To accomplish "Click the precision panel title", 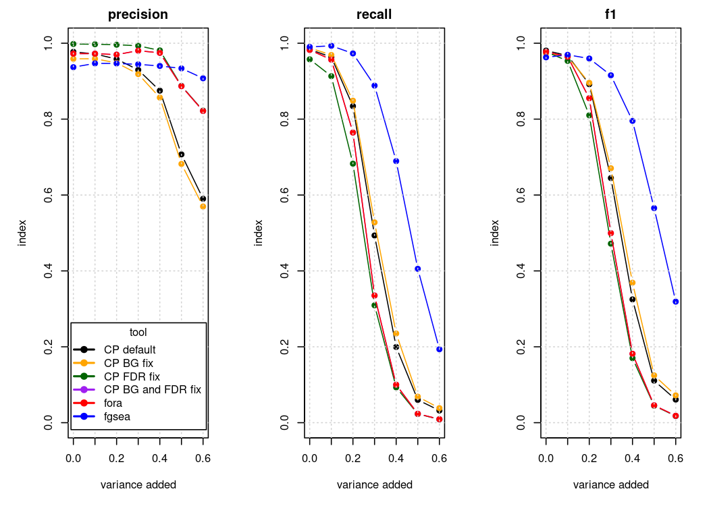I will point(138,14).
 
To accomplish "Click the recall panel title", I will point(375,14).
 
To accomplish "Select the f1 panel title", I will point(611,14).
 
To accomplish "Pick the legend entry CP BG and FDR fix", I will point(152,389).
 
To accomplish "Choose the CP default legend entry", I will point(130,349).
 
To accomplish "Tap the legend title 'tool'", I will point(138,332).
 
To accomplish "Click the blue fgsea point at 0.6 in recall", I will point(440,349).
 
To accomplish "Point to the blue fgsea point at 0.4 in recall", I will point(396,161).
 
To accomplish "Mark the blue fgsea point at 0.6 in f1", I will point(676,302).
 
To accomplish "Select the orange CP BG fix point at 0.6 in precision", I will point(203,206).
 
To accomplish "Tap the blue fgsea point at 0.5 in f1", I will point(654,208).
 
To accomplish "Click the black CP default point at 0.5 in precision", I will point(182,154).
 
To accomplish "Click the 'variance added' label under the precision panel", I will point(138,484).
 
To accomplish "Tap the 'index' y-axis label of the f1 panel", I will point(495,233).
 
